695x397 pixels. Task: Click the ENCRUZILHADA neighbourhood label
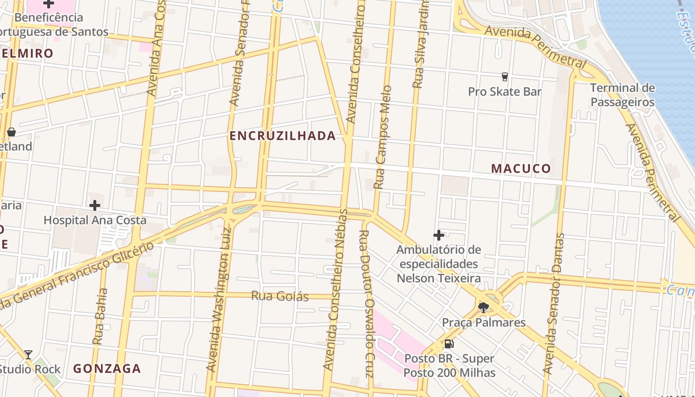[x=282, y=136]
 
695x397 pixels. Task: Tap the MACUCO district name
[x=521, y=169]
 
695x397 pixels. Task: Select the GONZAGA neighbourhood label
[x=107, y=369]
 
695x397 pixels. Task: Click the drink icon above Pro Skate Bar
[x=505, y=77]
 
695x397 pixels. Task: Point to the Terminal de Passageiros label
[x=622, y=95]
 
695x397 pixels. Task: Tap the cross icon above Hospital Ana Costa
[x=95, y=205]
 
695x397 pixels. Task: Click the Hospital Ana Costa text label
[x=95, y=220]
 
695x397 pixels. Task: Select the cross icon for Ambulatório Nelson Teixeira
[x=439, y=235]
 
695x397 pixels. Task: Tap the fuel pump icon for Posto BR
[x=449, y=344]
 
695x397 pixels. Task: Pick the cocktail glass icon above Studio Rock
[x=28, y=354]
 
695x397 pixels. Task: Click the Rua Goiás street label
[x=280, y=297]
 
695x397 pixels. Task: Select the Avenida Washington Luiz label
[x=219, y=299]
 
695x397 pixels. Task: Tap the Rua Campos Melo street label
[x=382, y=137]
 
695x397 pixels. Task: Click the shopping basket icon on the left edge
[x=11, y=132]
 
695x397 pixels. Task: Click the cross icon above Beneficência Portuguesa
[x=49, y=4]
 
